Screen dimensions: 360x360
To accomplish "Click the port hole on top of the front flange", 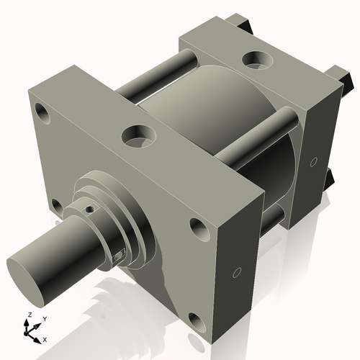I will tap(138, 134).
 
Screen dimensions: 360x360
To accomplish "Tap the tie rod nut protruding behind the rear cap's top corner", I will tap(250, 25).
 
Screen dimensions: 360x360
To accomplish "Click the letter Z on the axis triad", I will tap(27, 315).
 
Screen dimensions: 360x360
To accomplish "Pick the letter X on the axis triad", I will tap(45, 338).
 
